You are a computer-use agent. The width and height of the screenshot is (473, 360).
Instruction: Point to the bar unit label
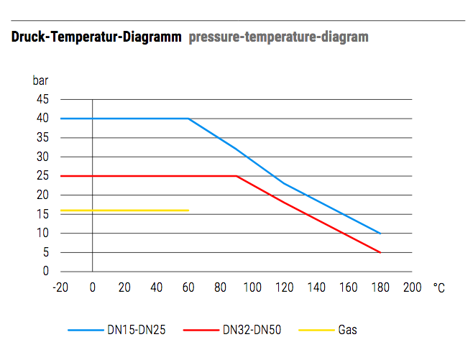pos(40,80)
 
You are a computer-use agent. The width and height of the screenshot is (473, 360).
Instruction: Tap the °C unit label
pos(439,287)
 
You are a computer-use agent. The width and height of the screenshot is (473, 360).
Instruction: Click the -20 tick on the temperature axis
pos(60,287)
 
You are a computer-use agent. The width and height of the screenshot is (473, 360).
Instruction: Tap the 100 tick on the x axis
pos(252,287)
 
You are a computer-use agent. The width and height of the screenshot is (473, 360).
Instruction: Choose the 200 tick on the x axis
pos(412,287)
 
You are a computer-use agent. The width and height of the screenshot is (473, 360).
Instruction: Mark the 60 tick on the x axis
pos(188,287)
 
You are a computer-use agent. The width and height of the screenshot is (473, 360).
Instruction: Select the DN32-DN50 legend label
pos(252,331)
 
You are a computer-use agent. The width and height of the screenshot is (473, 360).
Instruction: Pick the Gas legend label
pos(347,331)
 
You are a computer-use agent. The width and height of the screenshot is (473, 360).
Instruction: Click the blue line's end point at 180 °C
pos(380,234)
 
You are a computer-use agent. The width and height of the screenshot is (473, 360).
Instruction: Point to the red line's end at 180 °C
pos(380,252)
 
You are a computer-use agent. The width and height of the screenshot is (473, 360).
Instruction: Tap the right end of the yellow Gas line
pos(188,211)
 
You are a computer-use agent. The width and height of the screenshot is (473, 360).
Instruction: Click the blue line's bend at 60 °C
pos(188,119)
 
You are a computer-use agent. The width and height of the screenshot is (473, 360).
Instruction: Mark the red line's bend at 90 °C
pos(236,176)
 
